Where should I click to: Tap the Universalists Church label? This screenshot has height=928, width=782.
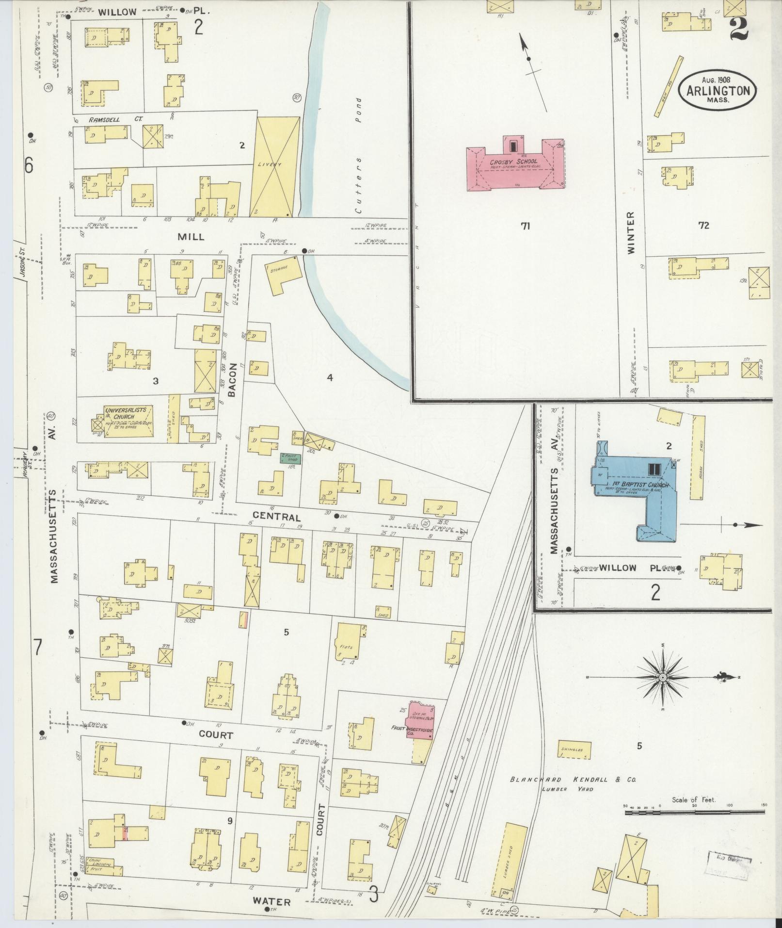point(127,413)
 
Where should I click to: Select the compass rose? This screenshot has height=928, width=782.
point(662,677)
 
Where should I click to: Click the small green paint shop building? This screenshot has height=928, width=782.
point(290,458)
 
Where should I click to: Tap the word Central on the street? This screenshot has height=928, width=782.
point(283,517)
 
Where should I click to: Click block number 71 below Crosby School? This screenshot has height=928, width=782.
point(525,226)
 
